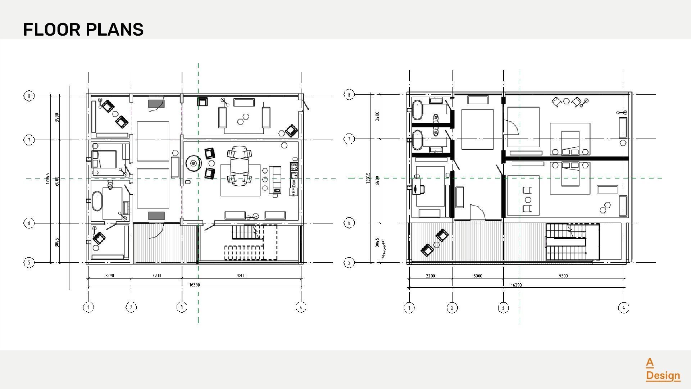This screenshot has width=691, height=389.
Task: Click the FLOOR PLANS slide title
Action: [83, 30]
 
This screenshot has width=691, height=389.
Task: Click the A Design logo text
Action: [662, 369]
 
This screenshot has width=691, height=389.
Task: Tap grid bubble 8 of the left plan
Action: [29, 96]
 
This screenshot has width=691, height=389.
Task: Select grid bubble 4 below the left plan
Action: [301, 307]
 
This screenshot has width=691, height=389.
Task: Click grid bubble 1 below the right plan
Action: [409, 308]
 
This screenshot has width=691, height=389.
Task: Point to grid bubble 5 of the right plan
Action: [349, 263]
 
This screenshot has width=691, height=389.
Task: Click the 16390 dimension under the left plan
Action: [194, 285]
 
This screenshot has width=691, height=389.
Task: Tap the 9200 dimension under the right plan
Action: [563, 276]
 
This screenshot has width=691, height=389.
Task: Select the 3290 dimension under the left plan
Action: [109, 276]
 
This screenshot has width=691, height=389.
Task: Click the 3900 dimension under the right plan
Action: [478, 276]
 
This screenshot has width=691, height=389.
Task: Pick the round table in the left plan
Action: [194, 164]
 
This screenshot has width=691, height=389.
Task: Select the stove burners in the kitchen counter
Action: [294, 166]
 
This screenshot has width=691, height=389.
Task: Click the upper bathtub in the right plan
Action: [417, 110]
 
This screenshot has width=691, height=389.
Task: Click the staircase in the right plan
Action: [567, 242]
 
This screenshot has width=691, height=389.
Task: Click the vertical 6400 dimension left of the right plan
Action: [377, 180]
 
